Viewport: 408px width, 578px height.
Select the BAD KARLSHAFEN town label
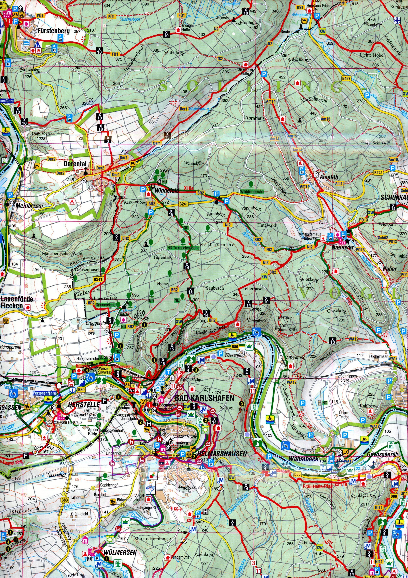click(204, 398)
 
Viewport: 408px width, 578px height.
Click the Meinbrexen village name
click(29, 206)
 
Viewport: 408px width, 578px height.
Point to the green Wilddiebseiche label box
click(252, 192)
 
